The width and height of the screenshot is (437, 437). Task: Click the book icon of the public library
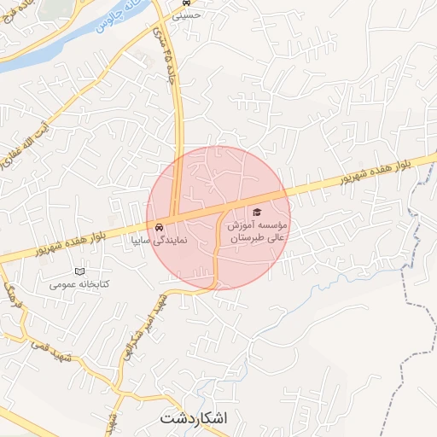(x=80, y=271)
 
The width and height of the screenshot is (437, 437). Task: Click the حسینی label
(x=186, y=15)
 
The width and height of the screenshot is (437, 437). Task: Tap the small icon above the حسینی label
(x=186, y=3)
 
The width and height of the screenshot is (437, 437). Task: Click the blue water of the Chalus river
(x=51, y=50)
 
